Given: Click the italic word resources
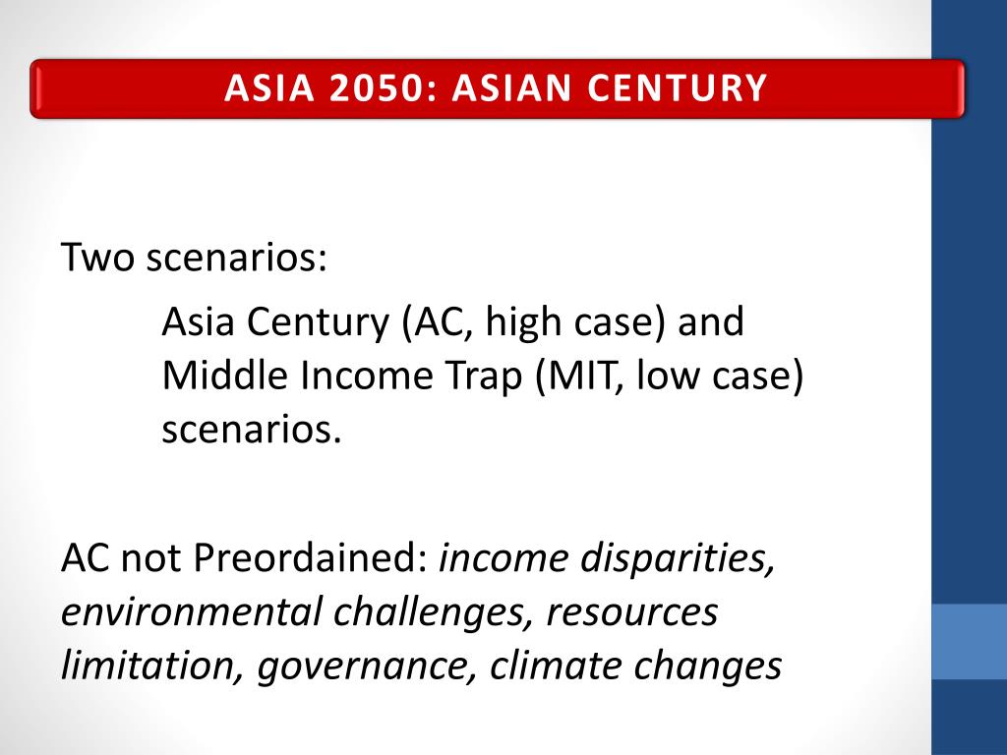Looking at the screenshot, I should point(632,612).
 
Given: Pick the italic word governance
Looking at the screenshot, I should point(369,666).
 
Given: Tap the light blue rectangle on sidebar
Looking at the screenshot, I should point(969,641).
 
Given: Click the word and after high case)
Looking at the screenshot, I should point(710,321).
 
